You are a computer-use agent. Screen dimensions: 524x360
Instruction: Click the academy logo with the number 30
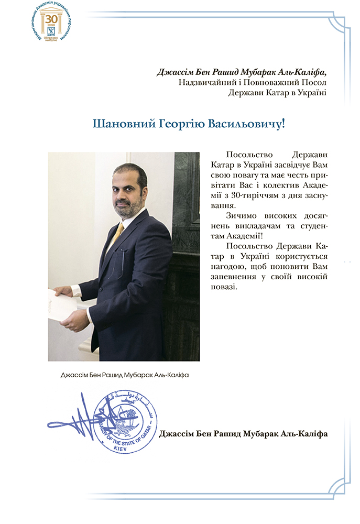click(52, 23)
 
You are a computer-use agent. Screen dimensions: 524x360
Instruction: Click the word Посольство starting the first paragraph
click(248, 155)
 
